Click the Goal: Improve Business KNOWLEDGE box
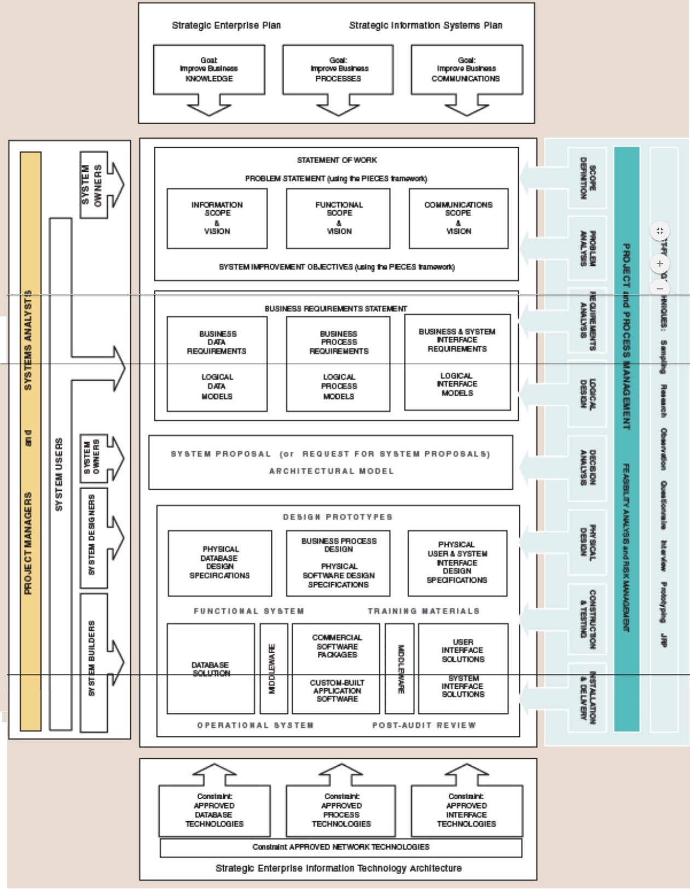tap(208, 69)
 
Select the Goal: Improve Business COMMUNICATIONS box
tap(466, 69)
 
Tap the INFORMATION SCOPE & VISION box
tap(217, 218)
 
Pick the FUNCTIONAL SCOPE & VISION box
tap(338, 218)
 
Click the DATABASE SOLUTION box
tap(211, 669)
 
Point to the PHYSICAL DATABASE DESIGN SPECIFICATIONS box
tap(219, 563)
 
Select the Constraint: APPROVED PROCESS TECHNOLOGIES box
tap(341, 811)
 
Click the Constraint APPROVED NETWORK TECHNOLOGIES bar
tap(340, 847)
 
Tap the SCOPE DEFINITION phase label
tap(587, 178)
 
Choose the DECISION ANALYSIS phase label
tap(587, 468)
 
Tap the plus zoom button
tap(660, 264)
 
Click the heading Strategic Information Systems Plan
tap(425, 25)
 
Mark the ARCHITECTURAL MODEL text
tap(331, 471)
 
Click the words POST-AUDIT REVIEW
tap(424, 725)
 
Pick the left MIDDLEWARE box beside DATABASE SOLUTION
tap(273, 669)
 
